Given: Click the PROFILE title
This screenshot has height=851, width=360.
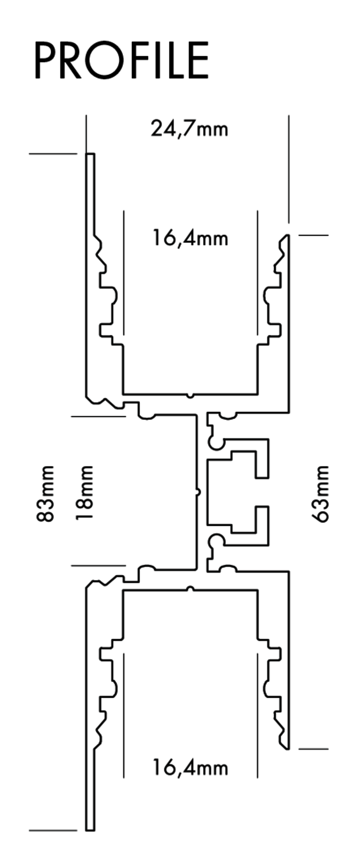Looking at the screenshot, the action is [121, 60].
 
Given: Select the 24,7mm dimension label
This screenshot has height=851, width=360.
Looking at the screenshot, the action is [189, 129].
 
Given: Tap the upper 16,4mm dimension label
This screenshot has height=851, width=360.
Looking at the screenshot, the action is [190, 238].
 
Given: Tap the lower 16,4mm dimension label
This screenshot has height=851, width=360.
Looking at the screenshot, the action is [190, 767].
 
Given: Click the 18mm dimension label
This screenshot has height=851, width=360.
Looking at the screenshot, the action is [84, 493].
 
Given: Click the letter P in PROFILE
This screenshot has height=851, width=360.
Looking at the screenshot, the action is [45, 61].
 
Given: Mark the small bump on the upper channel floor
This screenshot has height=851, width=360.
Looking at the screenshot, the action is [190, 395].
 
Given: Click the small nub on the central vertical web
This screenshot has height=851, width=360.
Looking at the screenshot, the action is [198, 493].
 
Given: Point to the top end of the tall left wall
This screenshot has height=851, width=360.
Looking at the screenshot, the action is [90, 154].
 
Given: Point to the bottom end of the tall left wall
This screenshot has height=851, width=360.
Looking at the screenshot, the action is [90, 830].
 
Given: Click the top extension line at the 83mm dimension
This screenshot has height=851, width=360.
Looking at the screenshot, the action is [53, 154].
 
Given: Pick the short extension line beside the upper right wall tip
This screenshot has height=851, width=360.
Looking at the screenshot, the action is [314, 235].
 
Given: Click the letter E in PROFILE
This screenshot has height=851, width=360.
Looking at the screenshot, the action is [199, 61].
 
